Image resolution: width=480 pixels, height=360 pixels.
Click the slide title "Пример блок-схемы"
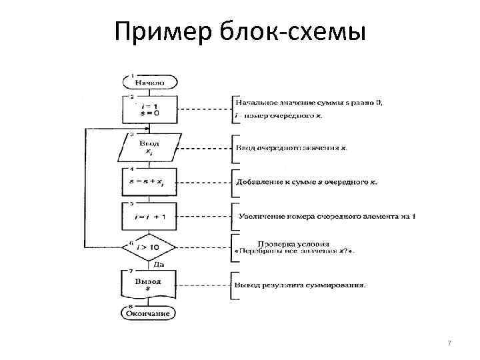240,31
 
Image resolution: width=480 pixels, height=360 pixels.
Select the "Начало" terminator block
150,83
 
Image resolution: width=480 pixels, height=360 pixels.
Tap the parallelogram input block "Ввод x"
149,147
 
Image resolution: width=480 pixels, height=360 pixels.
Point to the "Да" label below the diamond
150,265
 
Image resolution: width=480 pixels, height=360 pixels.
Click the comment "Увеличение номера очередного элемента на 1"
327,216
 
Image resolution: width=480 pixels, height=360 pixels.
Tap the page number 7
449,343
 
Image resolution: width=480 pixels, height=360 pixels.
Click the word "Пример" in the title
157,31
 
